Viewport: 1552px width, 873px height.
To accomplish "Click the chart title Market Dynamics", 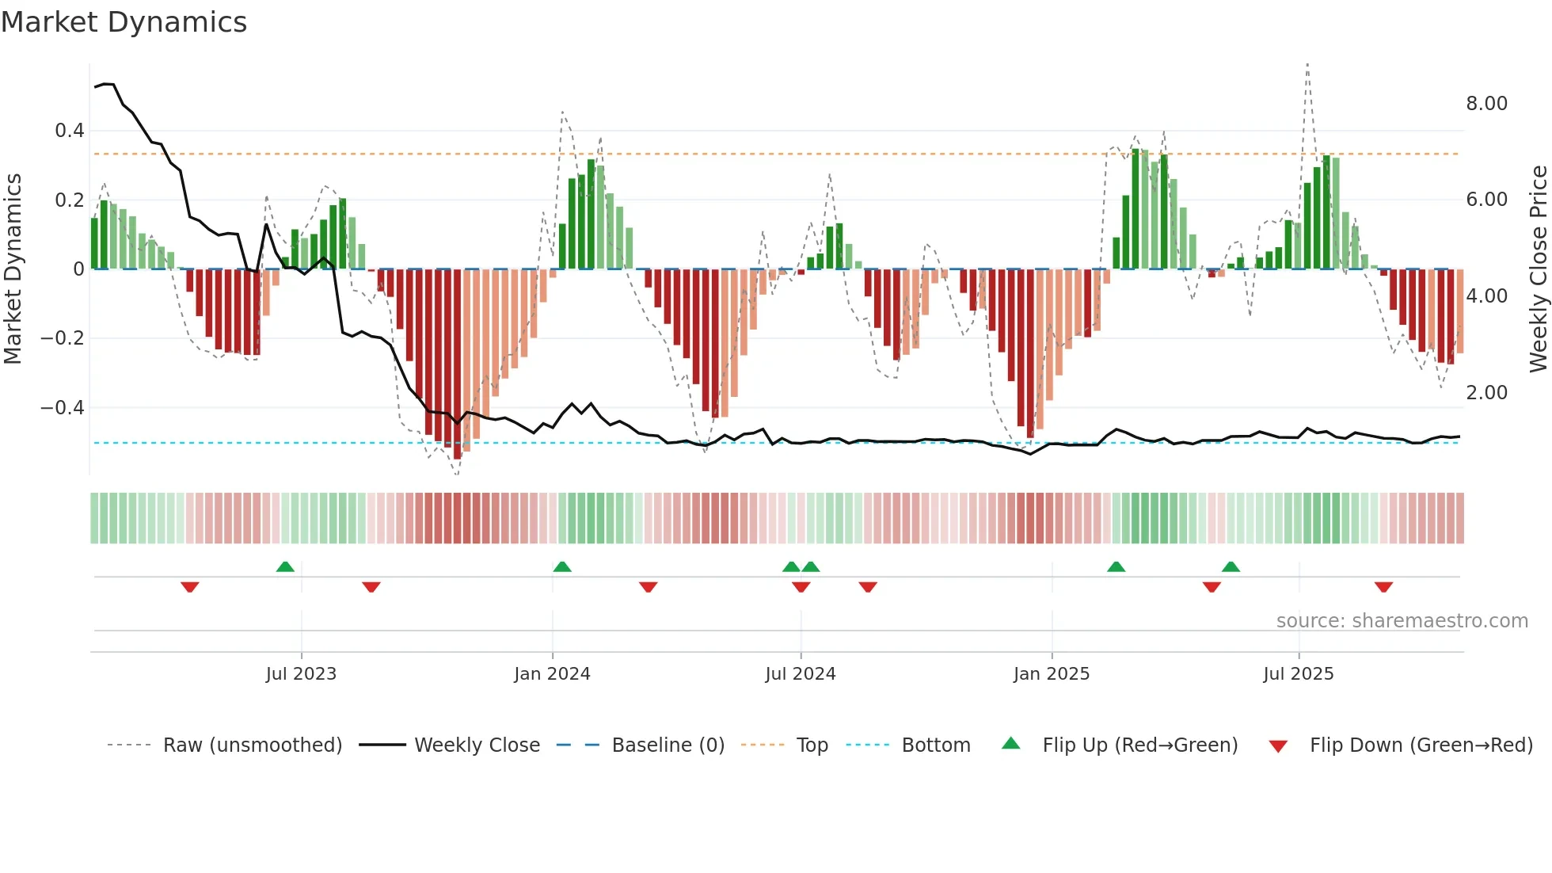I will tap(124, 22).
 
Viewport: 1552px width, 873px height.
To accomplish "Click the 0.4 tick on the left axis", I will tap(70, 131).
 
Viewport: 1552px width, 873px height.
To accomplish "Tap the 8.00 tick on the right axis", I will tap(1486, 104).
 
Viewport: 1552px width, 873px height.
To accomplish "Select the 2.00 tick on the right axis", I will tap(1486, 393).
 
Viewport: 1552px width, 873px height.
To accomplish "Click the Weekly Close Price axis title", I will tap(1538, 269).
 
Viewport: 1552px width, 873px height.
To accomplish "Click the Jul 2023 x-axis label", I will tap(301, 674).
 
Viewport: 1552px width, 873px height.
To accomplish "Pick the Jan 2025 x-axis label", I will tap(1051, 674).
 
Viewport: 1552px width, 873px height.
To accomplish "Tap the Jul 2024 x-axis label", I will tap(800, 674).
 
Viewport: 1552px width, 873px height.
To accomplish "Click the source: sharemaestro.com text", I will tap(1402, 621).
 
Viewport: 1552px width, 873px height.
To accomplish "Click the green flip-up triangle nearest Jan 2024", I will tap(561, 566).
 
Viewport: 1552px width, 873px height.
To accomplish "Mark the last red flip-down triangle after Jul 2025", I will tap(1383, 587).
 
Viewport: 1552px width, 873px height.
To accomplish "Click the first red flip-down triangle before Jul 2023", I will tap(189, 587).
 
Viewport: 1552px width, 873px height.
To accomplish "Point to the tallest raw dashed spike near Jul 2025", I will tap(1307, 65).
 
